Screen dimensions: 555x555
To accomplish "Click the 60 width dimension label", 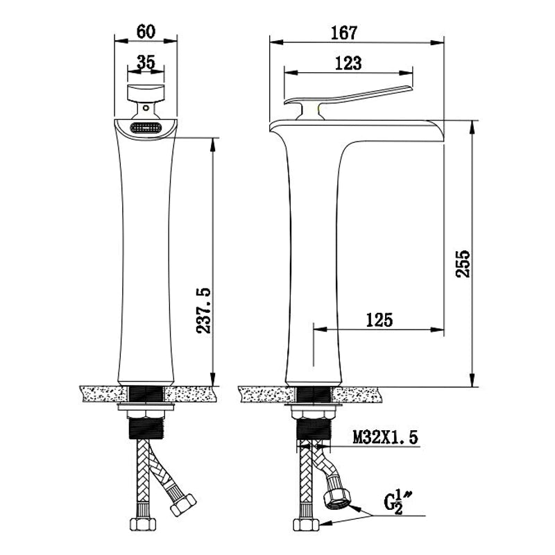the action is (x=146, y=32).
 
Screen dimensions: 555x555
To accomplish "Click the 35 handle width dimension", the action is (x=146, y=62).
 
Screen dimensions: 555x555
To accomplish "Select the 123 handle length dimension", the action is (x=348, y=63).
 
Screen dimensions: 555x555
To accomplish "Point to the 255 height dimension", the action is (x=463, y=264).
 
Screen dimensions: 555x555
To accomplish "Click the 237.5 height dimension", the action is (x=203, y=310).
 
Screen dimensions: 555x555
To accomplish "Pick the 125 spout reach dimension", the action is (x=379, y=320).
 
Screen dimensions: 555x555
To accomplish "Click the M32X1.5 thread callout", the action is (x=386, y=437).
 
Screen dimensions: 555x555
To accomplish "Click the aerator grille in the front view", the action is (x=146, y=128).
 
